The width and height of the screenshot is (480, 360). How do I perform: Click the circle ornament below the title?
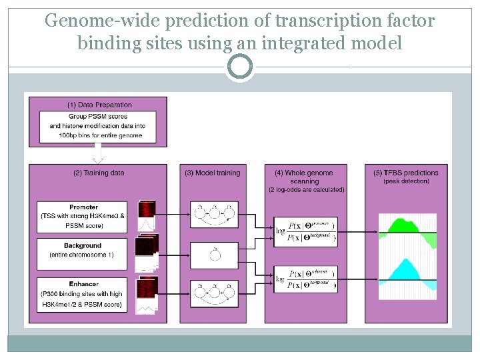(x=239, y=67)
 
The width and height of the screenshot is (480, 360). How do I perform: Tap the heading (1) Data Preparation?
(x=100, y=105)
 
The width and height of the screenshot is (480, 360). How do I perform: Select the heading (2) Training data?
(x=99, y=173)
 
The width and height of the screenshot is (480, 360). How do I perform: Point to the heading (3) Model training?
(x=212, y=173)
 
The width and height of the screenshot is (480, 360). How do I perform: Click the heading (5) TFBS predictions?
(x=406, y=173)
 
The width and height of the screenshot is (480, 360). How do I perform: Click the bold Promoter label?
(x=83, y=207)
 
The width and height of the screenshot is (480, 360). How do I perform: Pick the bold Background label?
(x=83, y=246)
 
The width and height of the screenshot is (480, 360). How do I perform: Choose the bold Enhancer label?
(x=83, y=284)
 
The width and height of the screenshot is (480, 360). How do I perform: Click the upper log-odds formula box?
(x=305, y=231)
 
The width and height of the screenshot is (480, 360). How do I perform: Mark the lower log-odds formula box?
(x=305, y=279)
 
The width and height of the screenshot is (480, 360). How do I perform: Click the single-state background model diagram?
(x=214, y=253)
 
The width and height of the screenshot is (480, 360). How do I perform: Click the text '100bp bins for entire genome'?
(x=101, y=135)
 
